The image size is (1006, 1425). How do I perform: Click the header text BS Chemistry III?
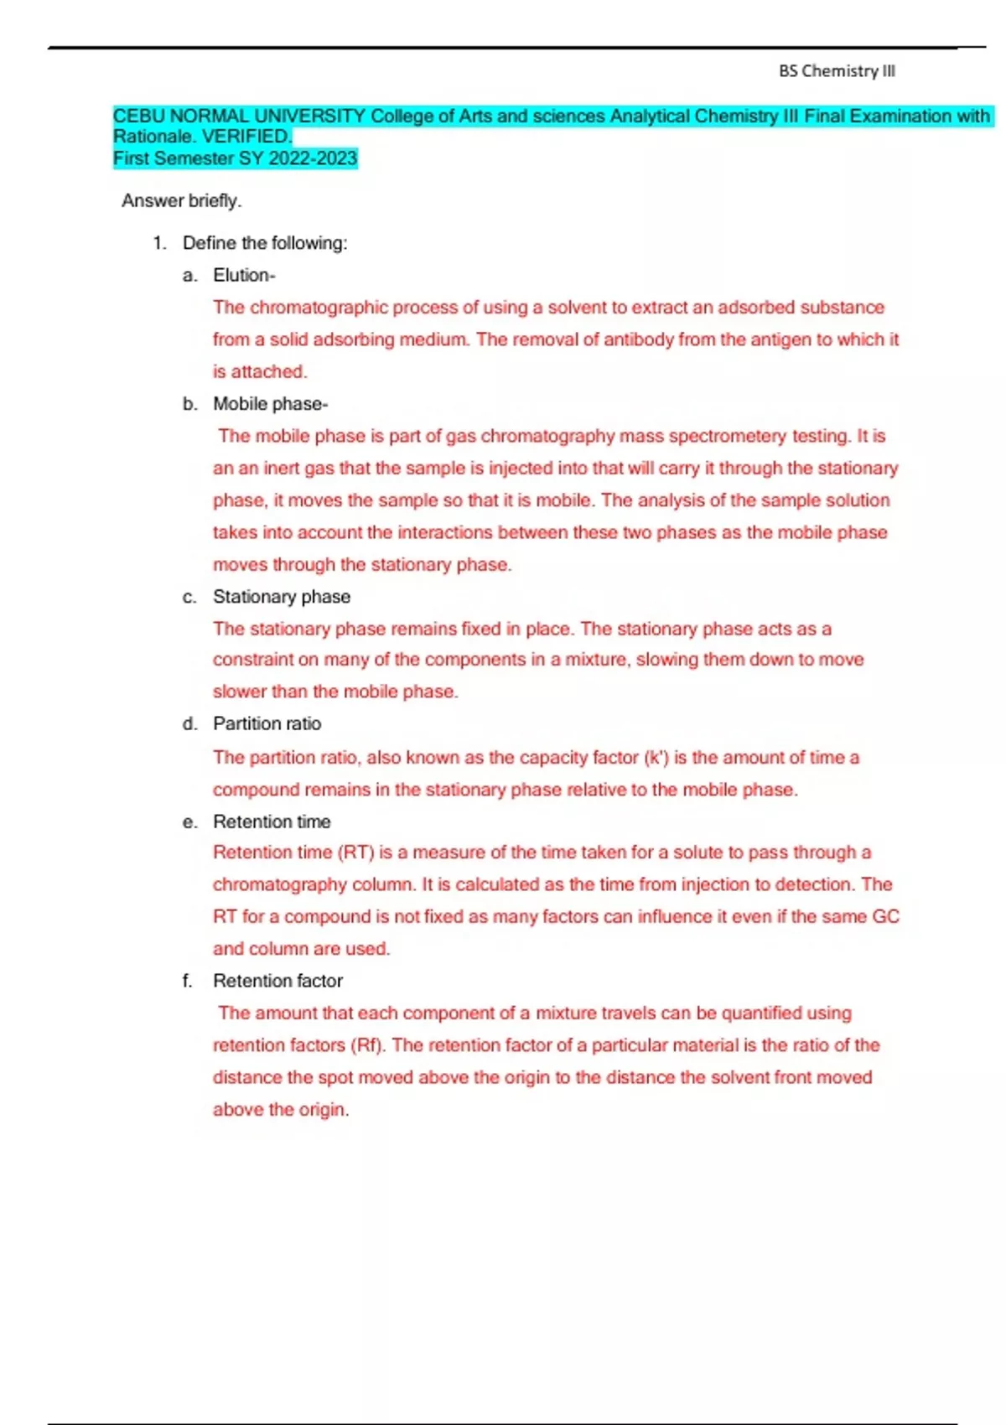837,71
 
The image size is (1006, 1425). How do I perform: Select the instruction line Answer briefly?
181,201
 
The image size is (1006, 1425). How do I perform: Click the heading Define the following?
264,243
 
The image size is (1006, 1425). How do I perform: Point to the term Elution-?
244,275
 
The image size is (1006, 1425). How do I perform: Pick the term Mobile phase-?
270,404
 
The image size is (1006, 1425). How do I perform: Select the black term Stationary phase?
282,597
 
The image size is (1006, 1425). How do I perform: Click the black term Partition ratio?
267,723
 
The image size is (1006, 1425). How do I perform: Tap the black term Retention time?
272,821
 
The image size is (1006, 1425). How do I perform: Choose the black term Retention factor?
277,981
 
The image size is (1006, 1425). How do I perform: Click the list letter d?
190,723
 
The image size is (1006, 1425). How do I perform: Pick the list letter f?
188,981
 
